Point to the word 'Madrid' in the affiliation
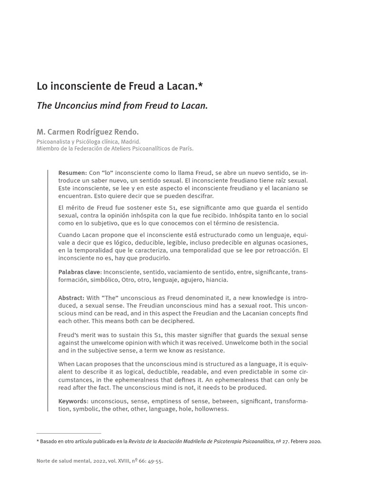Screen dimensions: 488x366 130,142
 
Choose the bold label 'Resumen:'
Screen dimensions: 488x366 72,173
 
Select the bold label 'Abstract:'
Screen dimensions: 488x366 71,298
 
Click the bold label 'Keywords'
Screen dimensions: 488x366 72,401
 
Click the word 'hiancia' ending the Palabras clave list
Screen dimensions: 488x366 217,280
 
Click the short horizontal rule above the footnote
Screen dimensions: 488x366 69,433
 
